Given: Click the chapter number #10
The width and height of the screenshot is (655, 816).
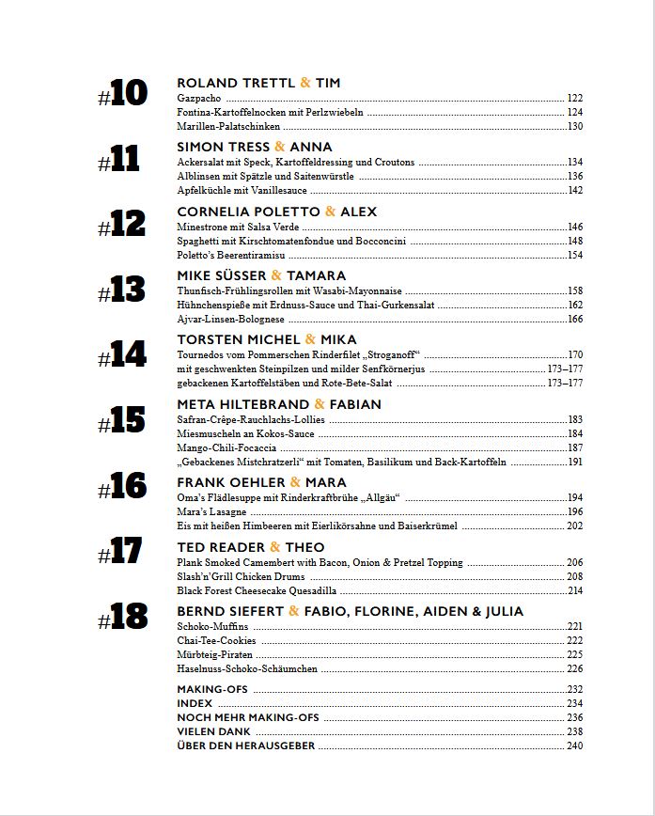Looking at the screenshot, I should tap(123, 95).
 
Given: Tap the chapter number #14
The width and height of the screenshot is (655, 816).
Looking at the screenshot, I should tap(123, 355).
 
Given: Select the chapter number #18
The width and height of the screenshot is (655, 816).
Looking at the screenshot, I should tap(123, 617).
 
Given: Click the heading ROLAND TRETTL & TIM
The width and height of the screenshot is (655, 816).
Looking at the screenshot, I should tap(258, 83).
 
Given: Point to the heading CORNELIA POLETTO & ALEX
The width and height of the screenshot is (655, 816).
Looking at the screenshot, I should tap(276, 212).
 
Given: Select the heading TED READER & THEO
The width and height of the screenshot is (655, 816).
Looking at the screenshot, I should tap(250, 547).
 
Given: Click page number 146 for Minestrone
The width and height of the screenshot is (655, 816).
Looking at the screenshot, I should tap(575, 227).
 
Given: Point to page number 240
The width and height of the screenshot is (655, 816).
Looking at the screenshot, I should tap(575, 745).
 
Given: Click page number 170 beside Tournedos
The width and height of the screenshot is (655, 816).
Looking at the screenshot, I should tap(575, 354).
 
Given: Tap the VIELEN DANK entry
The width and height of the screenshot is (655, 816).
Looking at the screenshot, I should tap(213, 731).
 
